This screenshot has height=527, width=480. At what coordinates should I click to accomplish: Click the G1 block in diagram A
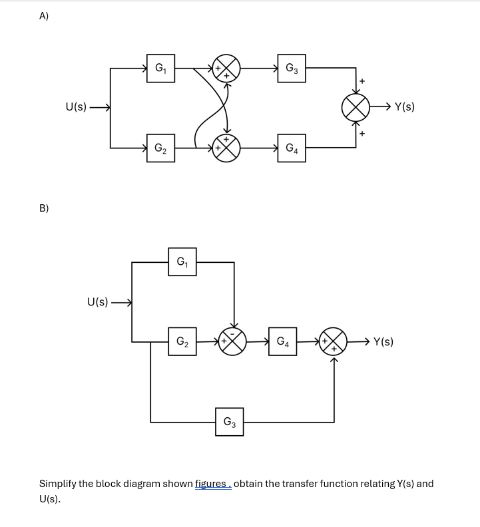pyautogui.click(x=161, y=68)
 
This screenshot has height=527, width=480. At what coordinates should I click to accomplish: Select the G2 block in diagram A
pyautogui.click(x=161, y=148)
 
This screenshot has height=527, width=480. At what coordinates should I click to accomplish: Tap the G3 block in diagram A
pyautogui.click(x=292, y=68)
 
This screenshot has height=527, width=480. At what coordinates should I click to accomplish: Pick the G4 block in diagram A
pyautogui.click(x=292, y=148)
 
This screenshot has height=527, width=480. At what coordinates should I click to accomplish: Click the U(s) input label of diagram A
pyautogui.click(x=76, y=106)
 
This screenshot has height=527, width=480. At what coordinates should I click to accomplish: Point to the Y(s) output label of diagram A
pyautogui.click(x=404, y=106)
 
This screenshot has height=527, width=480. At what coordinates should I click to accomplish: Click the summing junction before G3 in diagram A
pyautogui.click(x=226, y=68)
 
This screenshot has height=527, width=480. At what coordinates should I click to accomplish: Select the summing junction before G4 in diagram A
pyautogui.click(x=226, y=148)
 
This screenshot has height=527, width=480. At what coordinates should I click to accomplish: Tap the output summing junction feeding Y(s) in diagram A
pyautogui.click(x=356, y=106)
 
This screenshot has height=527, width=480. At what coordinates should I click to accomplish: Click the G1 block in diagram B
pyautogui.click(x=182, y=262)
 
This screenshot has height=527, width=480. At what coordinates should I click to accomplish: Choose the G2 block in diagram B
pyautogui.click(x=182, y=342)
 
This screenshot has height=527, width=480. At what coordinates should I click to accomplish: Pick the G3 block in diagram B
pyautogui.click(x=229, y=422)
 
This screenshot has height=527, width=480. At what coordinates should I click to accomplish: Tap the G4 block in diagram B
pyautogui.click(x=283, y=342)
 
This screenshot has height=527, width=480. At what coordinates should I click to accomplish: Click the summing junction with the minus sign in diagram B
pyautogui.click(x=234, y=342)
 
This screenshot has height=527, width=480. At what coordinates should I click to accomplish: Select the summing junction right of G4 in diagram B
pyautogui.click(x=334, y=342)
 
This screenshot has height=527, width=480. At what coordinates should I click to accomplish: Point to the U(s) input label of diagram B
pyautogui.click(x=98, y=302)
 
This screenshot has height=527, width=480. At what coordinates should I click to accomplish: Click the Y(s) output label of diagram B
pyautogui.click(x=383, y=342)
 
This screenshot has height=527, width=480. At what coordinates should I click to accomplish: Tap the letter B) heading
pyautogui.click(x=44, y=208)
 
